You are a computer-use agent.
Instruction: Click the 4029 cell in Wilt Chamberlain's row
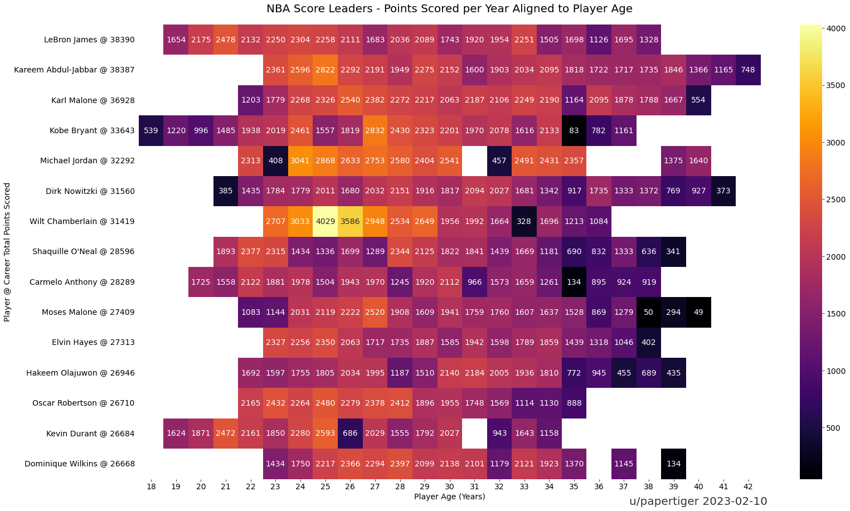(x=326, y=221)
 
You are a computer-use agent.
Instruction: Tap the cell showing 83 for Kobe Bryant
(x=574, y=130)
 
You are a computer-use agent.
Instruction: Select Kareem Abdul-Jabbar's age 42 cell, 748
(x=748, y=70)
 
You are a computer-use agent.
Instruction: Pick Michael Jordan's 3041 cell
(x=300, y=160)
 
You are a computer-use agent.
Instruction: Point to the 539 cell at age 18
(x=151, y=130)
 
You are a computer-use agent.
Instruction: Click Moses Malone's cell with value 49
(x=698, y=312)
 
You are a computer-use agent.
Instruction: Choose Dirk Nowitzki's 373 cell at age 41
(x=723, y=191)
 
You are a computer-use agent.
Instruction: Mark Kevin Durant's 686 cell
(x=350, y=433)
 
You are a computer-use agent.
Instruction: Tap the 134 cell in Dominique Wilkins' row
(x=673, y=464)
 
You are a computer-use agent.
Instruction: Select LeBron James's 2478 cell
(x=226, y=40)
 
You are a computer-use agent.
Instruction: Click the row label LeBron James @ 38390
(x=89, y=40)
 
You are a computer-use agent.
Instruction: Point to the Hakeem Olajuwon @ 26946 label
(x=80, y=373)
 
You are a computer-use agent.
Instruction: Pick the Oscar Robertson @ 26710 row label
(x=83, y=403)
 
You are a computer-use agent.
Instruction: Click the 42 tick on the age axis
(x=748, y=486)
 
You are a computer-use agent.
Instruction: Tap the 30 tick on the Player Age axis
(x=450, y=486)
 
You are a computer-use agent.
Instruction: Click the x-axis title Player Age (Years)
(x=449, y=497)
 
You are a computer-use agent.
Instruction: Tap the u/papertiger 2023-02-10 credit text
(x=698, y=501)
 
